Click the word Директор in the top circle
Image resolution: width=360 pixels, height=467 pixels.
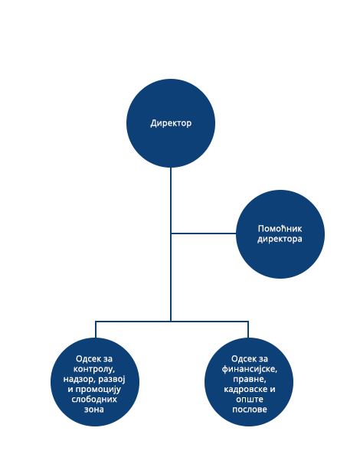171,123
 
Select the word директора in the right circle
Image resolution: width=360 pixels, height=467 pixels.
280,239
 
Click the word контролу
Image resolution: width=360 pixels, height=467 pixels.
94,369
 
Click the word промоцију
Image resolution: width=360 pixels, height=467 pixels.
98,390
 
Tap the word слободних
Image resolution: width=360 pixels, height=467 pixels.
94,399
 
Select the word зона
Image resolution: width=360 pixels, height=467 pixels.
94,410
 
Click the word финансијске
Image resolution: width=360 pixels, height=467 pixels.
250,369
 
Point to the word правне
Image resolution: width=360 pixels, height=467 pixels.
250,380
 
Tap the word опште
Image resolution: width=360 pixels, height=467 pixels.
250,400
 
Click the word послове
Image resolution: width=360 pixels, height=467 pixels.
250,410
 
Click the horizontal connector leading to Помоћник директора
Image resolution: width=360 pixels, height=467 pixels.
204,233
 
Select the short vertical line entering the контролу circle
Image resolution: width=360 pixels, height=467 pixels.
96,329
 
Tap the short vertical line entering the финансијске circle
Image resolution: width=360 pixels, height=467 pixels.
248,329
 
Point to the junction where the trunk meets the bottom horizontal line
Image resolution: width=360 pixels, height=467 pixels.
171,322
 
